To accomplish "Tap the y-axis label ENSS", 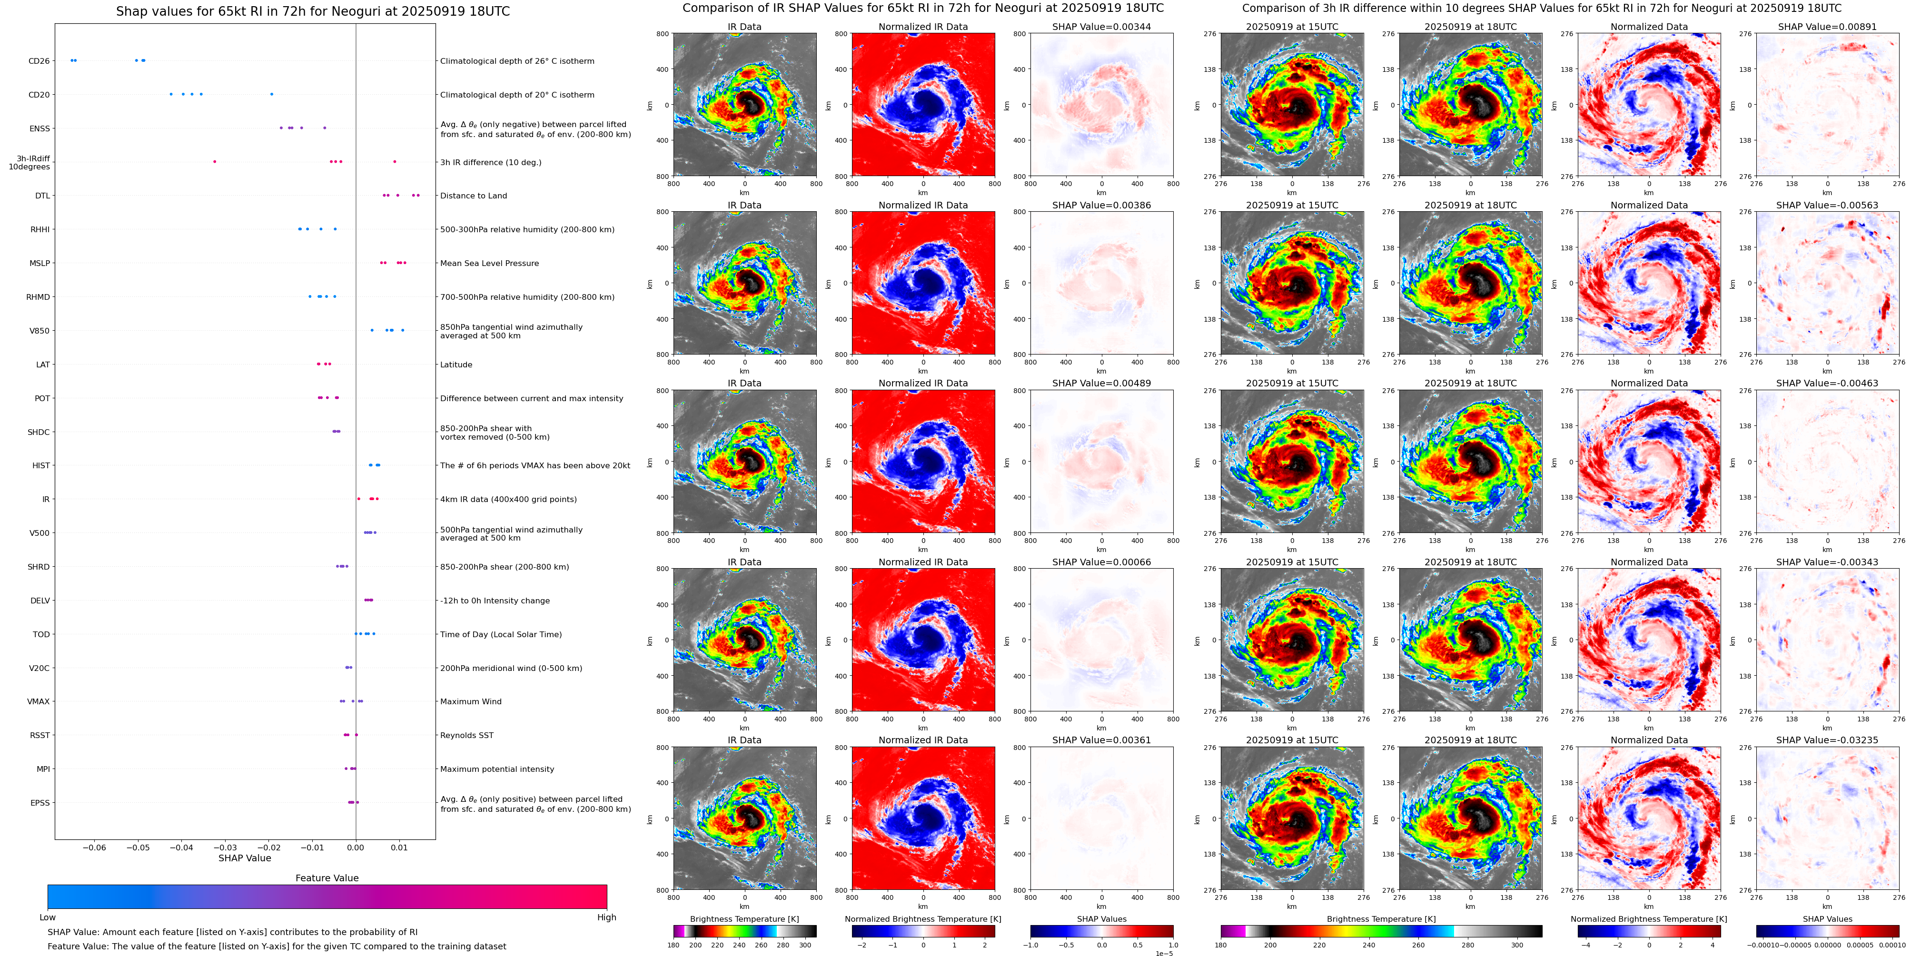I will [x=40, y=128].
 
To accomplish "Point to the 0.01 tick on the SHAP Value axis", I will [x=399, y=847].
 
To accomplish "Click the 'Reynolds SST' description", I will [x=466, y=735].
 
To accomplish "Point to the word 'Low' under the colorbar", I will [x=48, y=917].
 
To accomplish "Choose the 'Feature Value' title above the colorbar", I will [x=327, y=878].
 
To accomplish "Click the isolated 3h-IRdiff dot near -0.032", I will [x=214, y=162].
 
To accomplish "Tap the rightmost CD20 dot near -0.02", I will [x=271, y=94].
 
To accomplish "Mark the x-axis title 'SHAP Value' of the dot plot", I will [x=244, y=858].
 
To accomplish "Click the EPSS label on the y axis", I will [x=40, y=802].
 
